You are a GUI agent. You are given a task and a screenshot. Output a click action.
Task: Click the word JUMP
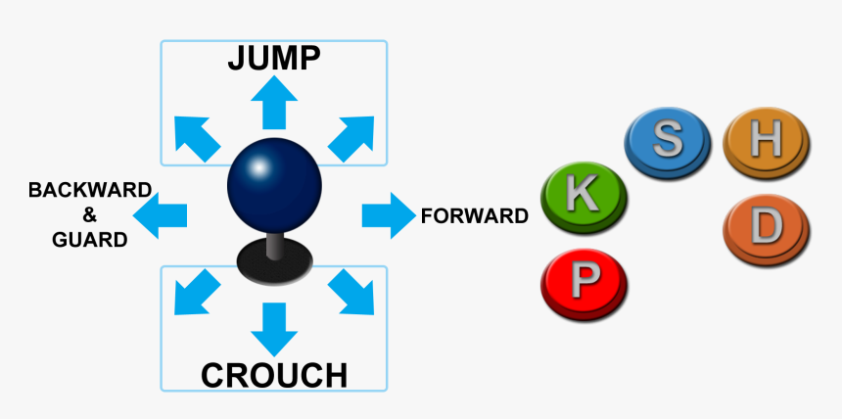click(273, 58)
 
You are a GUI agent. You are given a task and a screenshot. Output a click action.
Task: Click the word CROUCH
click(273, 374)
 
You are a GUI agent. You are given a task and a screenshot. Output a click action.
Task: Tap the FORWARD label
click(474, 216)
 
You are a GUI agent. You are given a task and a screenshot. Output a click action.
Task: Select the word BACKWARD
click(89, 189)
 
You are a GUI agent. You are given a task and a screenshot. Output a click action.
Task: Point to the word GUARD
click(89, 240)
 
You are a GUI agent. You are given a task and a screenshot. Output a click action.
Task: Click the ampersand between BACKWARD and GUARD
click(89, 214)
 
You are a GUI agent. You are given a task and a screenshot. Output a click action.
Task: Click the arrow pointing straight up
click(274, 101)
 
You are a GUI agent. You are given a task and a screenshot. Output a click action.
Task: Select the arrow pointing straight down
click(274, 329)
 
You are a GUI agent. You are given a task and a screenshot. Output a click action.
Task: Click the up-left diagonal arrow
click(196, 137)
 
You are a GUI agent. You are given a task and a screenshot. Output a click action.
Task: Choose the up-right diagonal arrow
click(351, 137)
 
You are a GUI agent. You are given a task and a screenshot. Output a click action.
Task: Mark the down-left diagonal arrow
click(197, 292)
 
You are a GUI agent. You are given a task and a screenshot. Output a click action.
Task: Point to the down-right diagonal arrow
click(351, 292)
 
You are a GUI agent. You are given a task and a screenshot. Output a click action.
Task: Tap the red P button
click(584, 283)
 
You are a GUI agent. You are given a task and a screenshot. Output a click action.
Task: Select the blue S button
click(668, 141)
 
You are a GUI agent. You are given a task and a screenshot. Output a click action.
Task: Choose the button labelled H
click(766, 141)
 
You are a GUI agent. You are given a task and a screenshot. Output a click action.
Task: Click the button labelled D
click(767, 229)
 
